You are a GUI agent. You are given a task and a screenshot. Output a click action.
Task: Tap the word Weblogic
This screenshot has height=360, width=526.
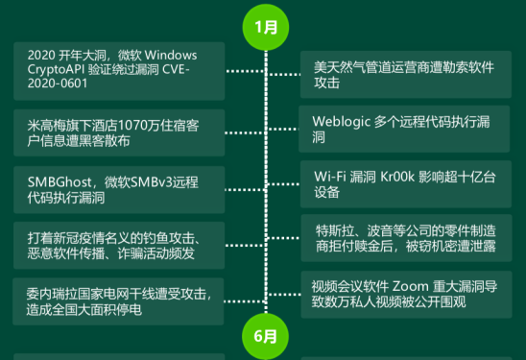point(346,122)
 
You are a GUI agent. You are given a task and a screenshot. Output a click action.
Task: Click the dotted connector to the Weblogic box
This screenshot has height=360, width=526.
point(280,130)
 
